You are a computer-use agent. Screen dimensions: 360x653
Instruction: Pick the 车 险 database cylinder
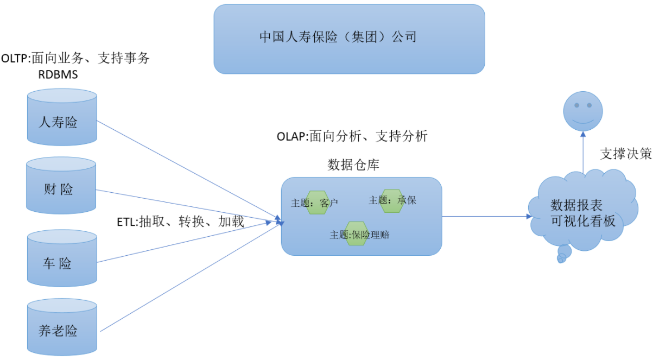coord(62,259)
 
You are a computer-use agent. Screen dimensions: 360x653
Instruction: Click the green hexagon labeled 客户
coord(317,202)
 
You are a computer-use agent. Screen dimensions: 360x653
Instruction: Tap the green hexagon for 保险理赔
coord(357,233)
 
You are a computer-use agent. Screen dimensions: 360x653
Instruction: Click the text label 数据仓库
coord(353,165)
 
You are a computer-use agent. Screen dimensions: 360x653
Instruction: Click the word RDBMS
coord(58,75)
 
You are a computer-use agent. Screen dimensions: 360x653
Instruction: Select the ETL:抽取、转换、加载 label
coord(180,222)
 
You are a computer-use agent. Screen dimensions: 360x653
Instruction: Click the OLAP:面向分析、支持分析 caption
coord(352,136)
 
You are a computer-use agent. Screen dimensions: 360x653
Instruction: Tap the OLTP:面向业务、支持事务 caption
coord(75,59)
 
